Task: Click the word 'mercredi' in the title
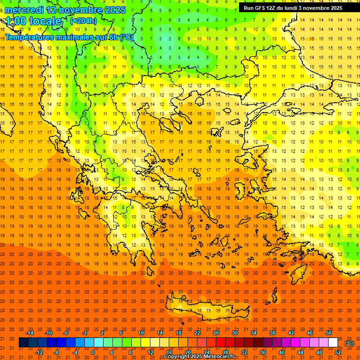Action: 24,9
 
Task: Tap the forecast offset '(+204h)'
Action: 83,21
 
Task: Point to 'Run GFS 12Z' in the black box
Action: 260,8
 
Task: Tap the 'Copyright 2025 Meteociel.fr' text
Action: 199,357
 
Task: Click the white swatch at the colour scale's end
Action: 333,343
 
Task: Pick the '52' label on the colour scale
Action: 338,352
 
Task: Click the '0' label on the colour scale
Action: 93,352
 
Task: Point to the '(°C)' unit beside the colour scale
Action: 349,343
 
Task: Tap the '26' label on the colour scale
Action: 216,333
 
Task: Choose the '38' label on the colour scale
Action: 272,333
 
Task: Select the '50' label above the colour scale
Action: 329,333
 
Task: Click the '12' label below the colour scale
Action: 150,352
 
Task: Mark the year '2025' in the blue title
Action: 113,9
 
